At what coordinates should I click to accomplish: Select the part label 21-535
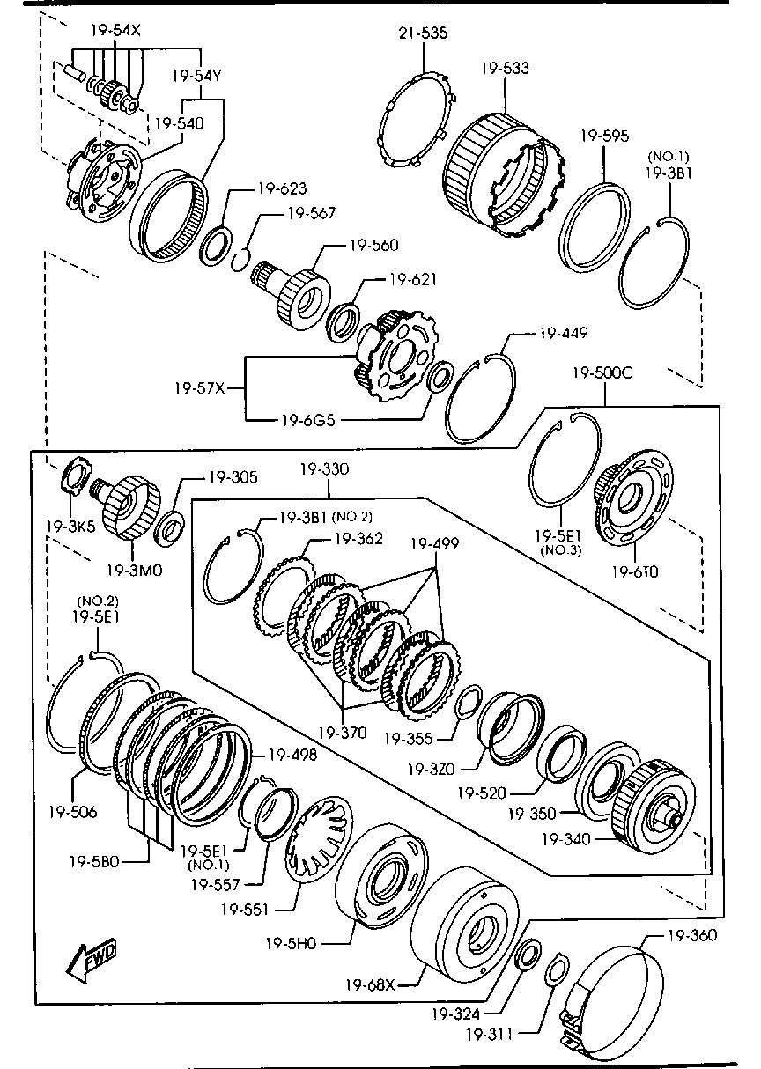[423, 33]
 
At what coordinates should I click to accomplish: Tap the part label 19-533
[506, 68]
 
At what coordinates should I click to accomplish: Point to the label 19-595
[604, 136]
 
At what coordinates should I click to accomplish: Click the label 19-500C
[602, 372]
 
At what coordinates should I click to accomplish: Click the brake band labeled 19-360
[617, 999]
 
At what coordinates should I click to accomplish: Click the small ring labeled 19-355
[469, 700]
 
